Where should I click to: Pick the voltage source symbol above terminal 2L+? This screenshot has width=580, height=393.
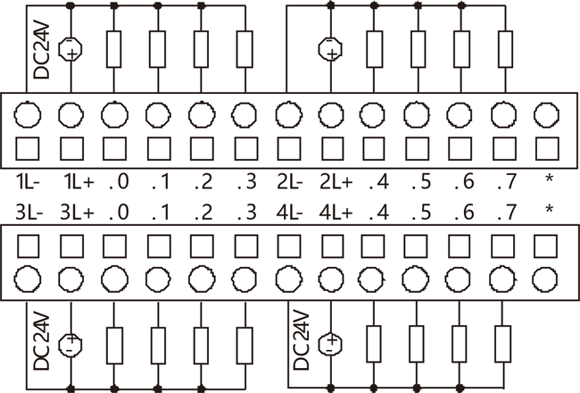coord(330,48)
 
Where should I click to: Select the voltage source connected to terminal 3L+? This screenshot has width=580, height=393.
coord(70,343)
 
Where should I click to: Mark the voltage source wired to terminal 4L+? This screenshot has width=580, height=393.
coord(330,343)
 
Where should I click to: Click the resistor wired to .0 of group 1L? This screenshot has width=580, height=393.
coord(113,49)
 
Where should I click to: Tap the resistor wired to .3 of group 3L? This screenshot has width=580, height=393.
coord(244,343)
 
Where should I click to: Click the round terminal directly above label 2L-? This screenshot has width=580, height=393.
coord(287,113)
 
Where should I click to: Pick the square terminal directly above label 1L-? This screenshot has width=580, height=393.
coord(27,146)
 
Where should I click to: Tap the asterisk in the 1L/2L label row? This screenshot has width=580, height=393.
coord(548,181)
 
